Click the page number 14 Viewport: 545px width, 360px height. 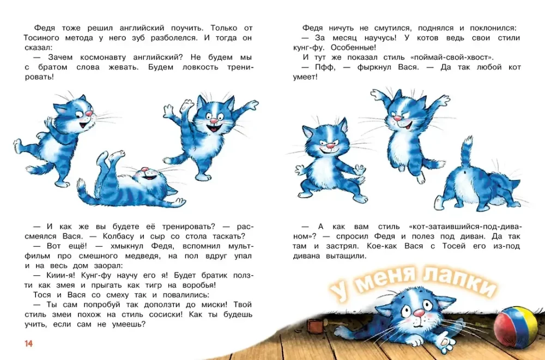click(x=28, y=344)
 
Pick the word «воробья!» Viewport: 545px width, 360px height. click(x=199, y=286)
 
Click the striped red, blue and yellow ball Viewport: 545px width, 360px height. click(x=516, y=327)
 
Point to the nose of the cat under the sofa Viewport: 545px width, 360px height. click(x=419, y=313)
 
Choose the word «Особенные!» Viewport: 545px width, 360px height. click(x=353, y=47)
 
